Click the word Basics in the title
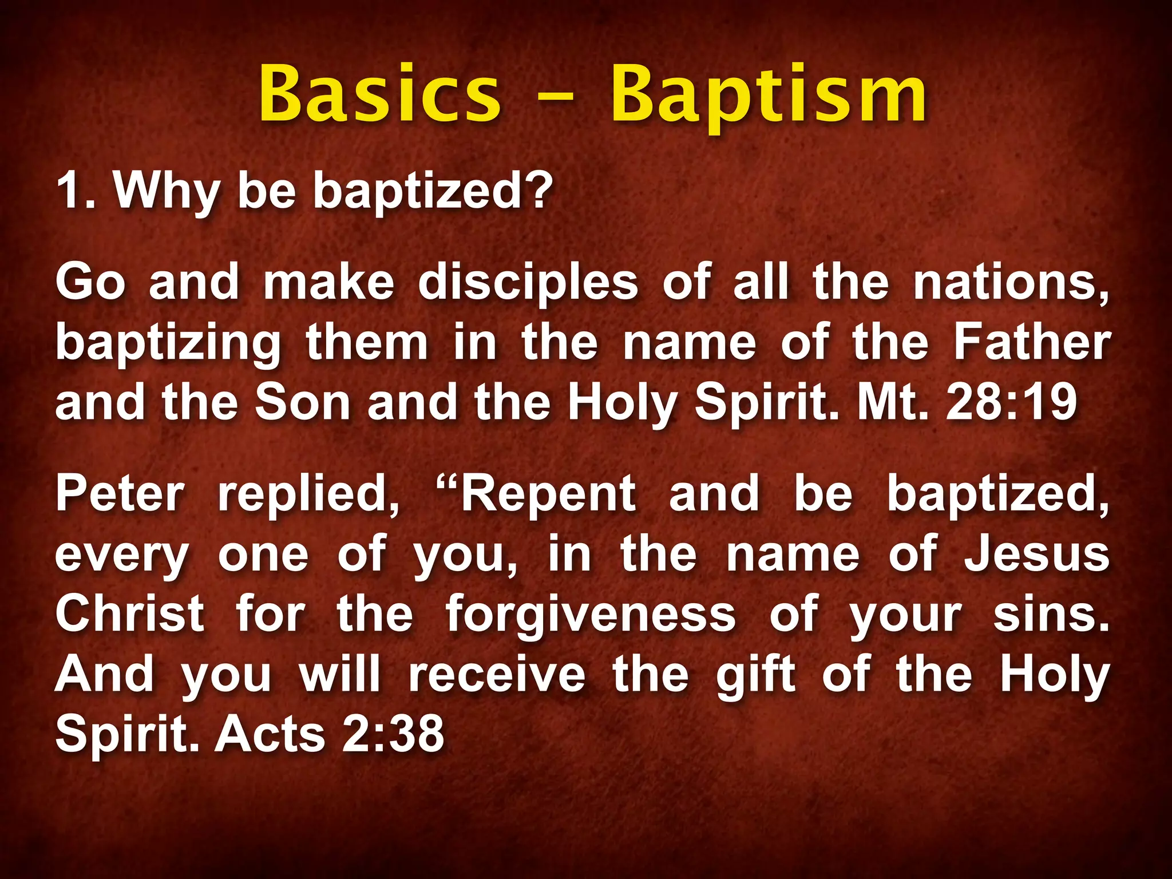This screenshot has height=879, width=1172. pos(379,94)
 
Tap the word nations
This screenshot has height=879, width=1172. pos(1011,283)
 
